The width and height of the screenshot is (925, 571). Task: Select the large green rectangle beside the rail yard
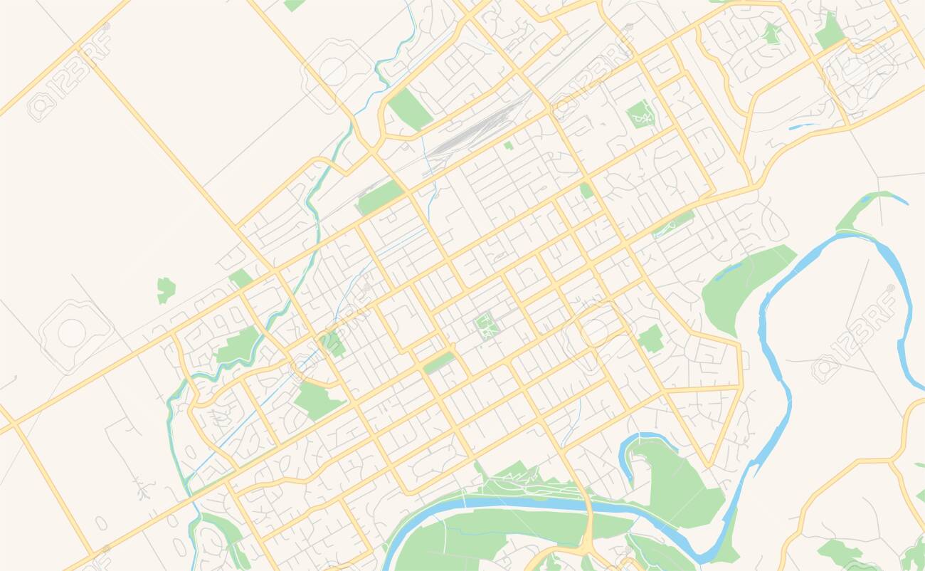coord(410,109)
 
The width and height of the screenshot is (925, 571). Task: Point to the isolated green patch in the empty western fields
coord(166,288)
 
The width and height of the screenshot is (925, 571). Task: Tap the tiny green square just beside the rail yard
coord(508,145)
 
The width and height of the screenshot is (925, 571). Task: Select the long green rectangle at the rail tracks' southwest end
coord(380,197)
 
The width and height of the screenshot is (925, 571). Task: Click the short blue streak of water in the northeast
coord(803,127)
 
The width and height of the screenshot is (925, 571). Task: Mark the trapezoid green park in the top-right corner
coord(829,32)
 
